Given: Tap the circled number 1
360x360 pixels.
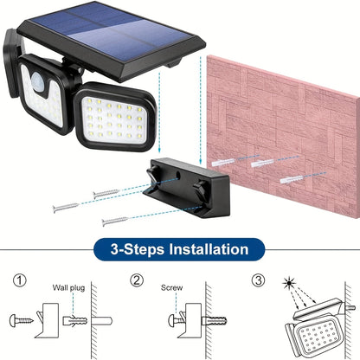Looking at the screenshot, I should (x=20, y=281).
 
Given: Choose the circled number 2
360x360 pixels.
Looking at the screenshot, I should (x=138, y=281).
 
